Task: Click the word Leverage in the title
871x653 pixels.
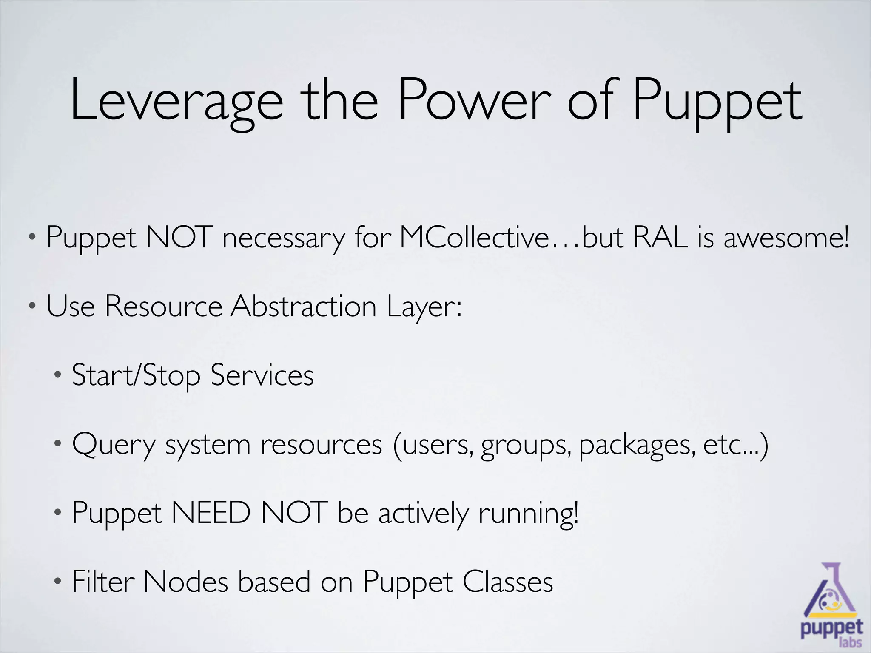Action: point(176,102)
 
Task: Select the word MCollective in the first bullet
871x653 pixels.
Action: point(475,237)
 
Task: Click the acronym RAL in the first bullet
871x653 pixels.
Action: point(660,237)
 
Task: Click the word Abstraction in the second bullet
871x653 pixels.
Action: point(303,306)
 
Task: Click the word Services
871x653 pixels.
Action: point(262,375)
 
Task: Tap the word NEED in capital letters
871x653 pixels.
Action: point(211,513)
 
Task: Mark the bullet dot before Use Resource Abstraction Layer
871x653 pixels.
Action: point(32,306)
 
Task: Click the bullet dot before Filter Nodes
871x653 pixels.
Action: point(58,582)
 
